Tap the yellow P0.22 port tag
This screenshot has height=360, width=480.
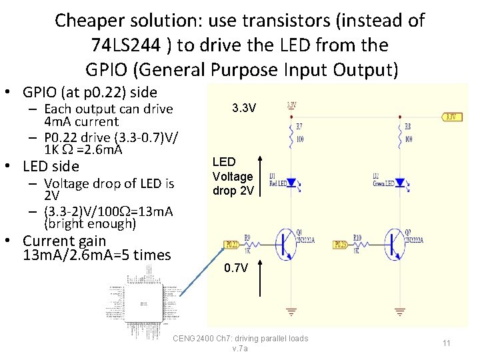[x=231, y=244]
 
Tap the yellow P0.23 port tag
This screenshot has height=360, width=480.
[x=340, y=244]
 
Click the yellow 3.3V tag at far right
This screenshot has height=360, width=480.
[x=451, y=117]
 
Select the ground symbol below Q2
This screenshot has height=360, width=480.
[x=400, y=311]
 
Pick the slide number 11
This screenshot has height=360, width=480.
[x=447, y=343]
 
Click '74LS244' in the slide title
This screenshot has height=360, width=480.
[x=127, y=45]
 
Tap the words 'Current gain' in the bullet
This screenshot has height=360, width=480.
[x=65, y=241]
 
